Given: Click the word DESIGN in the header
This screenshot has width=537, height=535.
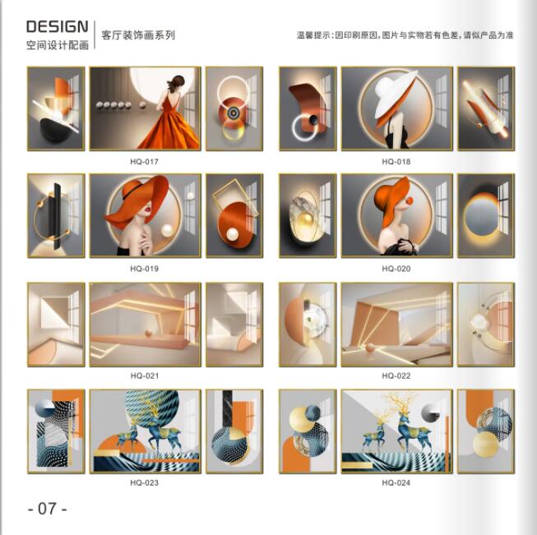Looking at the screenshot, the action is pyautogui.click(x=58, y=26).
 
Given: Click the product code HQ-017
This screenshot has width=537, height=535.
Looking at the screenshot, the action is pyautogui.click(x=144, y=162).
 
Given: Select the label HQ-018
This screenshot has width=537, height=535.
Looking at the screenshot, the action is pyautogui.click(x=396, y=162).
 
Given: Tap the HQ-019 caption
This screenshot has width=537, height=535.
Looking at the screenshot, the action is pyautogui.click(x=144, y=269).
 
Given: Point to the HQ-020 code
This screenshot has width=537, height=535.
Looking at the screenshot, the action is pyautogui.click(x=396, y=269).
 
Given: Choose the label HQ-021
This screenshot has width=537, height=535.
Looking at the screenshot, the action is pyautogui.click(x=145, y=376).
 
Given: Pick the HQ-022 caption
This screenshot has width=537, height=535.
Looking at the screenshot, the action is pyautogui.click(x=396, y=376).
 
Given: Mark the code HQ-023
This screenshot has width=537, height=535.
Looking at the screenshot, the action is pyautogui.click(x=144, y=483).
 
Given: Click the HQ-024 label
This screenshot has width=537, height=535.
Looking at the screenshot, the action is pyautogui.click(x=396, y=483).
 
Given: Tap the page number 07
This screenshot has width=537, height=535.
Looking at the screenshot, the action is pyautogui.click(x=47, y=509).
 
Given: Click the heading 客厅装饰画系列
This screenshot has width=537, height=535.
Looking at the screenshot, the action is pyautogui.click(x=138, y=35).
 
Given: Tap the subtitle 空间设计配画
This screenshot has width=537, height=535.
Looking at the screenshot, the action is pyautogui.click(x=58, y=45).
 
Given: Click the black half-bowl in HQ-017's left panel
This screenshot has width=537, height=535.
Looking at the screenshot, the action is pyautogui.click(x=55, y=130).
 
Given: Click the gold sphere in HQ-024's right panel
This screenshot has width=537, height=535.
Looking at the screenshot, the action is pyautogui.click(x=486, y=445).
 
